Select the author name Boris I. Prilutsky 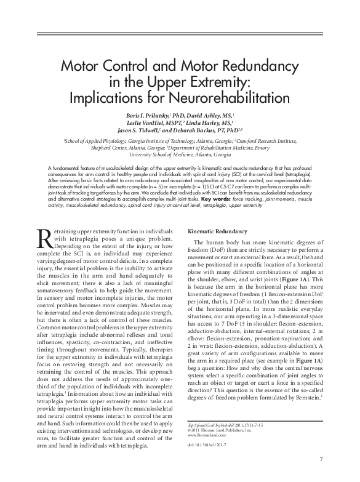pos(144,114)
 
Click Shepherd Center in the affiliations pos(110,148)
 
